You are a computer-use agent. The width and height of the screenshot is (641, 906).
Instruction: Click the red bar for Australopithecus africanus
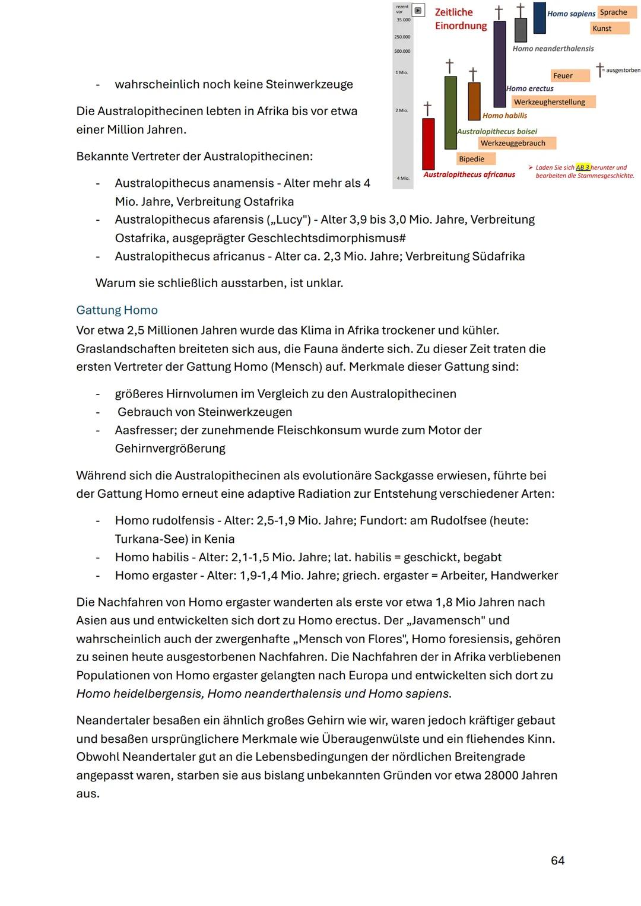(428, 144)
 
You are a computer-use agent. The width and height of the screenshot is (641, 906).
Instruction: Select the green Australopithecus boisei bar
(450, 113)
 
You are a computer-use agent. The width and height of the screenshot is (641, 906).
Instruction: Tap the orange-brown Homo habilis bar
(474, 101)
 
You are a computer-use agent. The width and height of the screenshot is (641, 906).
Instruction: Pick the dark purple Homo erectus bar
(500, 63)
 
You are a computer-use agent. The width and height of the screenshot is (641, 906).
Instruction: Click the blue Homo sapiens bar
(539, 18)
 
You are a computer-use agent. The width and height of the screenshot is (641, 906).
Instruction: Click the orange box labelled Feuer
(563, 75)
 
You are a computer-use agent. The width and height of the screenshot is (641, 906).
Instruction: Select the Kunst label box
(602, 28)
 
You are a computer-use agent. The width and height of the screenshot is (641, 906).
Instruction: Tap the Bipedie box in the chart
(472, 159)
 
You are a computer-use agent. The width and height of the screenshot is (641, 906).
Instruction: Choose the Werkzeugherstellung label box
(550, 102)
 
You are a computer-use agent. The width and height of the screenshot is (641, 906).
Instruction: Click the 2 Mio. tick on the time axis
(402, 111)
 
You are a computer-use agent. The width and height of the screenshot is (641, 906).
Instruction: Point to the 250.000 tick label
(402, 37)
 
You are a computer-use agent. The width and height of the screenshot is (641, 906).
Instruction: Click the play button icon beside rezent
(418, 10)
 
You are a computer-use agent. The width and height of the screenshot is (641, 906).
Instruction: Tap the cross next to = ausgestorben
(599, 69)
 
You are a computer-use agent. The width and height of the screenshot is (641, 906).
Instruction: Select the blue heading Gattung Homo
(117, 310)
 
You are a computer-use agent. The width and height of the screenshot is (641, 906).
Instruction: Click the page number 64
(557, 860)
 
